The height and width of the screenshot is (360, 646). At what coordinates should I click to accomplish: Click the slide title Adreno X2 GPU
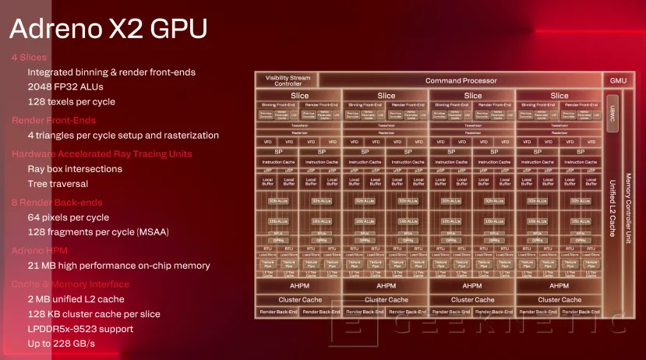(x=108, y=28)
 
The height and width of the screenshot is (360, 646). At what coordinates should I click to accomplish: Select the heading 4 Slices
(x=29, y=57)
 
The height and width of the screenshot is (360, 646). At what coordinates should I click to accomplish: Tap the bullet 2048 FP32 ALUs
(x=65, y=86)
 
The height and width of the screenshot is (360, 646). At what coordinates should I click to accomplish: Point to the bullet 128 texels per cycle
(x=71, y=101)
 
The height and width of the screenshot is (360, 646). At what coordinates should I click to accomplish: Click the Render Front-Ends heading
(x=53, y=120)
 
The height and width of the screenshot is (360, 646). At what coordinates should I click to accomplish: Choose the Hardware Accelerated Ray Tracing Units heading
(x=101, y=154)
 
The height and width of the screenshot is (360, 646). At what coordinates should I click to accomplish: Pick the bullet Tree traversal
(x=58, y=184)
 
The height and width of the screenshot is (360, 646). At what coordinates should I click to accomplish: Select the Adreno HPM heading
(x=41, y=250)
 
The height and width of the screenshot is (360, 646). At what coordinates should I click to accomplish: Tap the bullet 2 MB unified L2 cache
(x=76, y=298)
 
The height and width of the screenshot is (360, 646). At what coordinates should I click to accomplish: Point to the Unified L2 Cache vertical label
(x=612, y=206)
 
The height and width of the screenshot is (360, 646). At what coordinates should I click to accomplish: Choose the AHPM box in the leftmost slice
(x=299, y=286)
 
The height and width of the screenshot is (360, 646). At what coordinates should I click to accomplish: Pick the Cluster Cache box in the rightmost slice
(x=559, y=299)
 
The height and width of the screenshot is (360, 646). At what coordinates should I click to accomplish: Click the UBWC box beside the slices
(x=612, y=111)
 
